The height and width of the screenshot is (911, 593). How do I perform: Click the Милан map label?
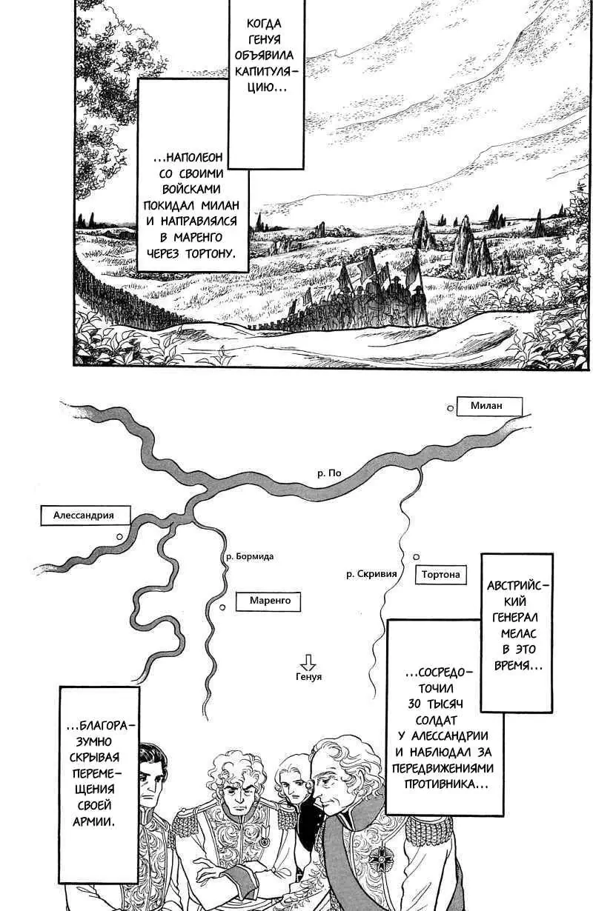pos(488,407)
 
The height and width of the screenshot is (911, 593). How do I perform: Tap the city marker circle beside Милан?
pos(450,408)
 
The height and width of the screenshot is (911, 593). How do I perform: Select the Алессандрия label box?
pos(85,515)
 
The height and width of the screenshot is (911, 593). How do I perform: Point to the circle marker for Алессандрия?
pos(119,537)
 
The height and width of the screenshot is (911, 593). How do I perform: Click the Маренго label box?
pos(268,601)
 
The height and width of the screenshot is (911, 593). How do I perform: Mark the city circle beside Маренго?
pos(222,607)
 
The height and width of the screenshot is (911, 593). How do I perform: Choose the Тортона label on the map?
pos(441,575)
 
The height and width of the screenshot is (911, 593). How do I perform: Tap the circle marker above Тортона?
pos(416,557)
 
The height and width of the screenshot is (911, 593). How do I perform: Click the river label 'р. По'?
pos(329,473)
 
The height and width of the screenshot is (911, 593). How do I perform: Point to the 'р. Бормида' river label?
pos(250,556)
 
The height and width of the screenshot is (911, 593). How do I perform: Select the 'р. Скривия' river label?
pos(371,574)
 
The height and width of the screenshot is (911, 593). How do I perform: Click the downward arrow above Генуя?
pos(308,662)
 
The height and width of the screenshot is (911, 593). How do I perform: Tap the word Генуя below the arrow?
pos(308,677)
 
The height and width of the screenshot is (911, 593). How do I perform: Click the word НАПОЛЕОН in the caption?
pos(189,158)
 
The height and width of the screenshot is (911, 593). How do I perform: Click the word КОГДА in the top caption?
pos(264,24)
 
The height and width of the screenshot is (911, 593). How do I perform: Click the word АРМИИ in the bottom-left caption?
pos(93,821)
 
